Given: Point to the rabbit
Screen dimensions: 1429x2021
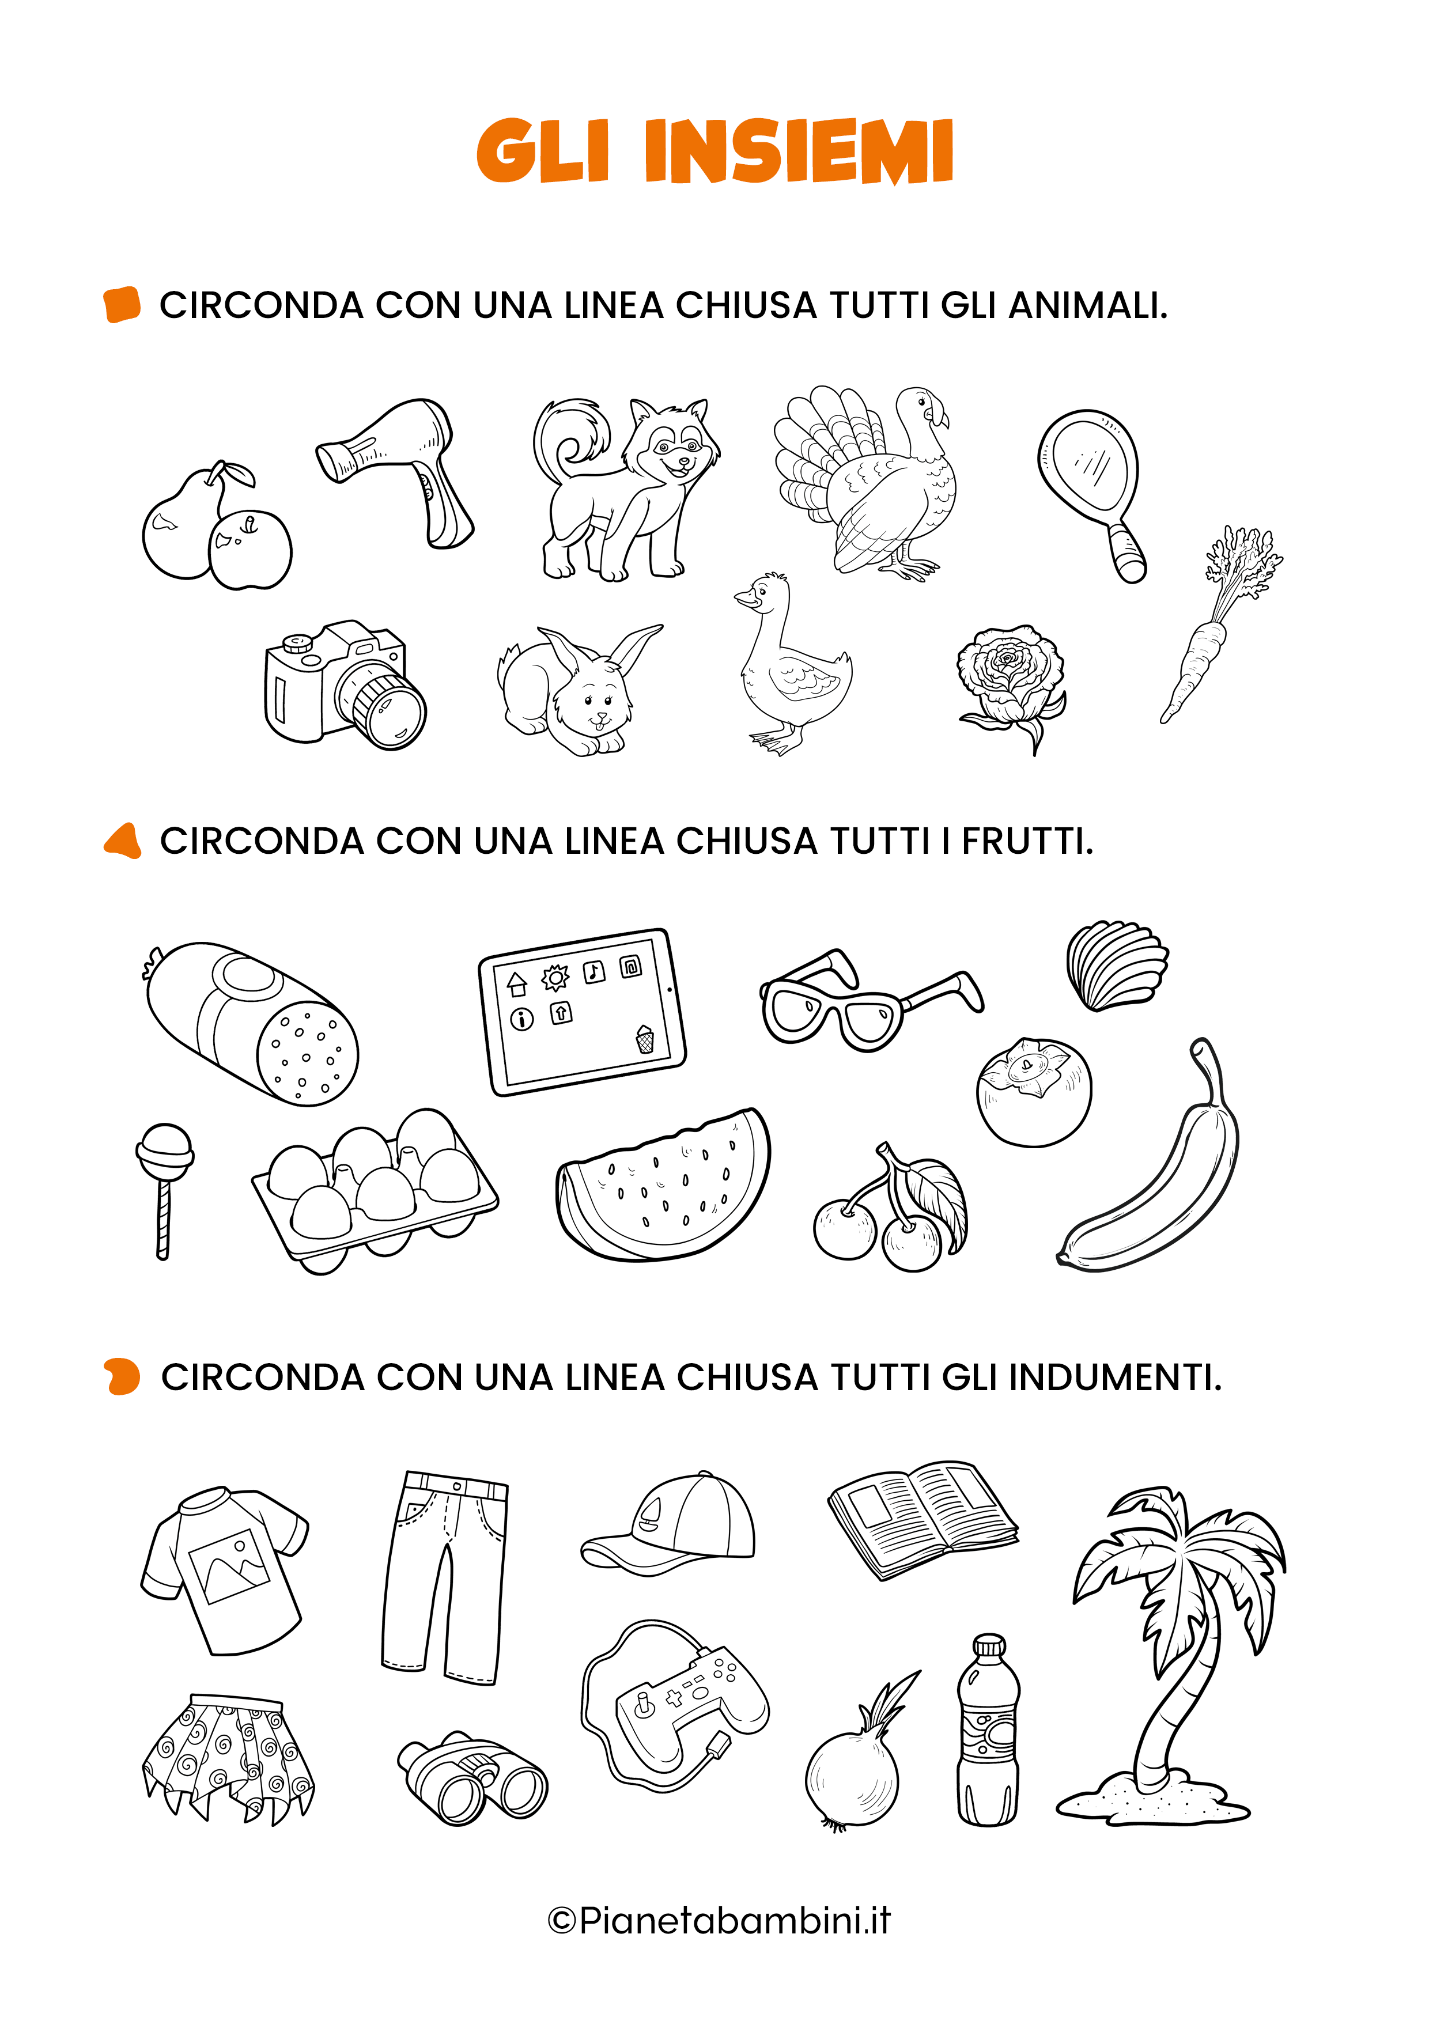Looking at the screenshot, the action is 577,691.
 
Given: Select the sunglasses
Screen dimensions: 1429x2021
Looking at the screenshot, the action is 867,1004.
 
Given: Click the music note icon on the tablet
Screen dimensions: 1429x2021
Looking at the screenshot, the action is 594,972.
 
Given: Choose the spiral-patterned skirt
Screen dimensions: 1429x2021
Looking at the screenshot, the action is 227,1756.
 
